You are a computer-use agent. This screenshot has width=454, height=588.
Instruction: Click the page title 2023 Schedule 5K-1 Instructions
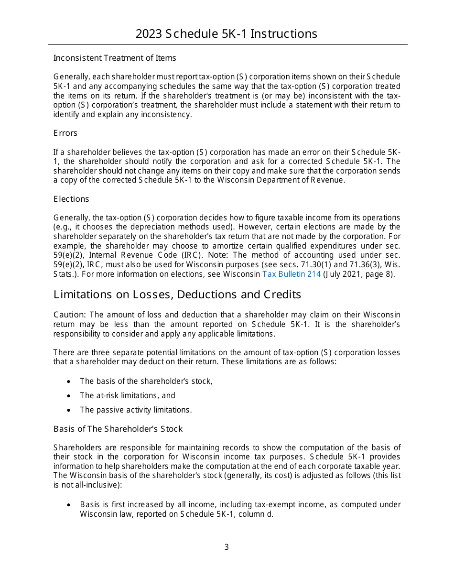click(227, 34)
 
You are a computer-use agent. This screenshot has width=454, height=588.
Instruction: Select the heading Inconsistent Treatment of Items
click(115, 58)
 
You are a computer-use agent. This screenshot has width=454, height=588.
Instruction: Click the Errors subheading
click(65, 133)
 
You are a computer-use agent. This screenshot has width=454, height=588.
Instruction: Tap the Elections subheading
click(71, 199)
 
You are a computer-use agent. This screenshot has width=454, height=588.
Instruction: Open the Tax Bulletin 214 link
click(292, 274)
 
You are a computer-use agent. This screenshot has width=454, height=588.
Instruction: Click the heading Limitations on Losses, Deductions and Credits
click(177, 294)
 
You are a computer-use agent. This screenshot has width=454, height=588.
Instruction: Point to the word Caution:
click(70, 315)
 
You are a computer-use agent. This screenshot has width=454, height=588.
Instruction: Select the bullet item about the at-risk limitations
click(128, 395)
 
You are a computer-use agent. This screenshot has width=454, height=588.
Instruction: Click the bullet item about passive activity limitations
click(136, 410)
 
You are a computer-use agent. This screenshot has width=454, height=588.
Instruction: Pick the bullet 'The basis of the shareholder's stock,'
click(146, 381)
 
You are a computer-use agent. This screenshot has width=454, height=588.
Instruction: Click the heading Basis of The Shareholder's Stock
click(118, 429)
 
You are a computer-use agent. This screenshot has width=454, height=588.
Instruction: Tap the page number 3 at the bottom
click(227, 547)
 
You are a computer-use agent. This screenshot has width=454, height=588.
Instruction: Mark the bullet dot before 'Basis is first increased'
click(69, 505)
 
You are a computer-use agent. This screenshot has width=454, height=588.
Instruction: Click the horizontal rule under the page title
click(227, 45)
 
